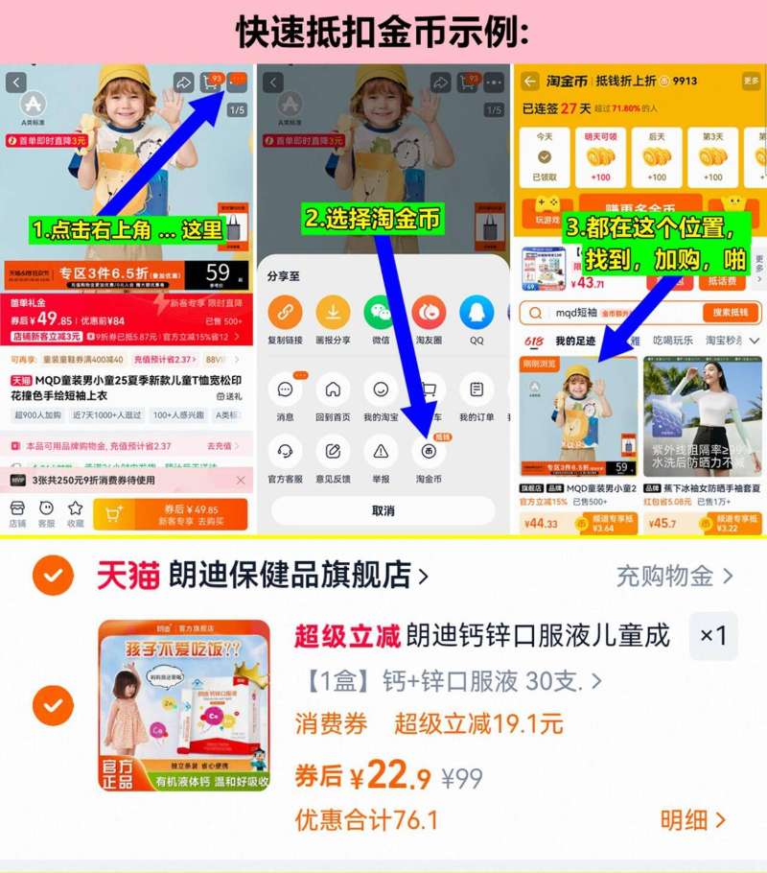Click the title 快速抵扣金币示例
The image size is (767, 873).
coord(383,32)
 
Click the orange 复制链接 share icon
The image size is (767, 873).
coord(285,312)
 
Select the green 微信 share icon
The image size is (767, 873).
coord(381,312)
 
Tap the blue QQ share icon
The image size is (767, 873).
coord(476,312)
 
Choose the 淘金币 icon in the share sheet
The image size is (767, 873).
coord(429,450)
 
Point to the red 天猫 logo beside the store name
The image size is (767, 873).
coord(128,575)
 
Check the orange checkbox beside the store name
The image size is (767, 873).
coord(53,576)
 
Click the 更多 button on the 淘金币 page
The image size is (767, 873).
coord(751,82)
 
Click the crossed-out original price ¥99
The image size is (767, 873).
coord(462,779)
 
